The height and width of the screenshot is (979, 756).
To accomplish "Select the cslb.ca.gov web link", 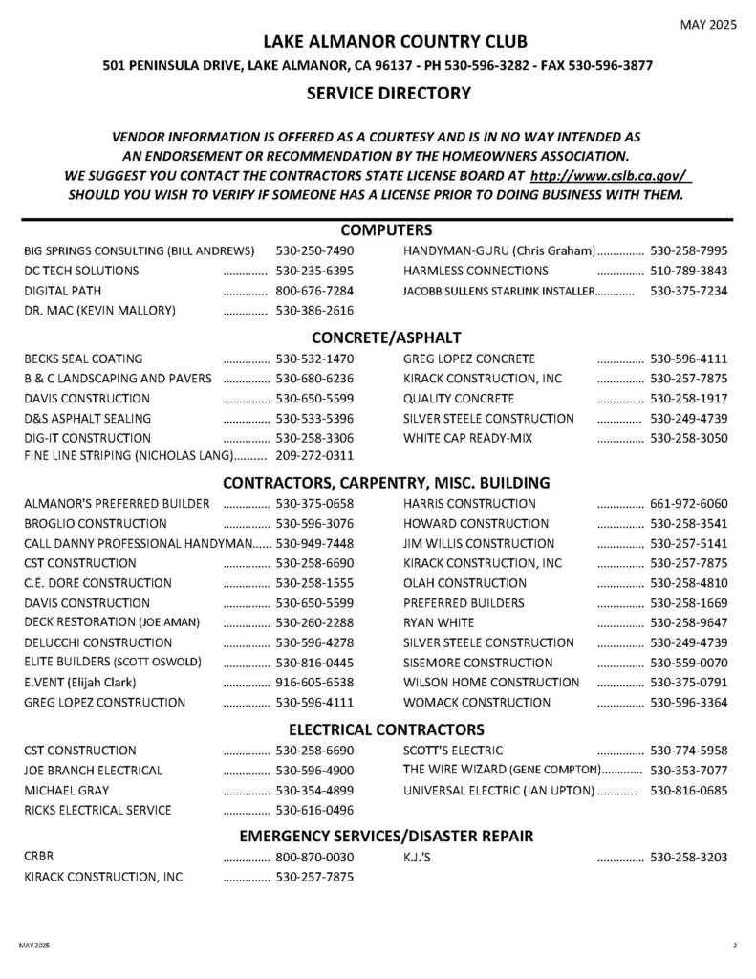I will click(x=609, y=177).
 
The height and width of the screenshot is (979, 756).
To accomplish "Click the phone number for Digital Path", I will click(x=314, y=290).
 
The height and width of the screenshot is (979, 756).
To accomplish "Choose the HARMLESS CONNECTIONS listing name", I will click(x=476, y=270).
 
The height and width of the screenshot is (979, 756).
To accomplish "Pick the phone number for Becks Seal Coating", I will click(x=314, y=359).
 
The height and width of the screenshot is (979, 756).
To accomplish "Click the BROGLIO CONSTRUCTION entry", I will click(x=96, y=523).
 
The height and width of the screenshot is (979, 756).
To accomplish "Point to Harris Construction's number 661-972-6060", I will click(x=688, y=503).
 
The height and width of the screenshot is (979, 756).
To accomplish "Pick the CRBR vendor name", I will click(x=38, y=857).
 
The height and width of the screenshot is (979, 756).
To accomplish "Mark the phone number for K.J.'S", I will click(x=688, y=857).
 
